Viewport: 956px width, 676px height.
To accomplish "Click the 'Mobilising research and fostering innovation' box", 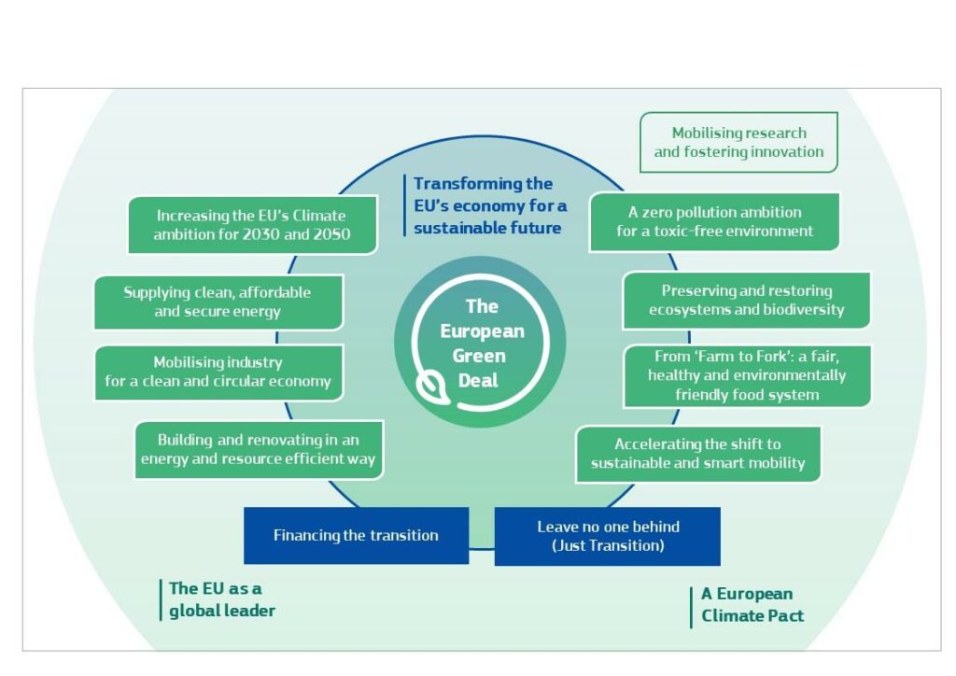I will (738, 143).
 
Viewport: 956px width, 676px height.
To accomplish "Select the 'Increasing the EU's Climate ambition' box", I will (253, 225).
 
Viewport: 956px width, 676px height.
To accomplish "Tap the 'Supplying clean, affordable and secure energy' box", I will (218, 302).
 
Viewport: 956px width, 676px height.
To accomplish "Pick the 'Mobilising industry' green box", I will (218, 372).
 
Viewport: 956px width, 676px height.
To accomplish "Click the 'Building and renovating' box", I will (259, 449).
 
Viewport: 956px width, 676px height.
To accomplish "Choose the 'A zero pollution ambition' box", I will (714, 222).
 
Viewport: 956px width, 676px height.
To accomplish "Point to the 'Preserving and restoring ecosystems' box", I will (746, 301).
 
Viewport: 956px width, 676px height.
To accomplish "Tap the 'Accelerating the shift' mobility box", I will (697, 454).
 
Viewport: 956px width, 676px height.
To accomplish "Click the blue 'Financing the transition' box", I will (356, 536).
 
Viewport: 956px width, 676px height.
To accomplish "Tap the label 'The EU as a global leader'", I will (222, 599).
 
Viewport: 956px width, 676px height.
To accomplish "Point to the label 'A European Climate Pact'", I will (752, 605).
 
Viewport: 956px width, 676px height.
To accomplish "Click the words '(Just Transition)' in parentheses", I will (608, 546).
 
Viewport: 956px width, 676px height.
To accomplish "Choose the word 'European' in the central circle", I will (482, 331).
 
